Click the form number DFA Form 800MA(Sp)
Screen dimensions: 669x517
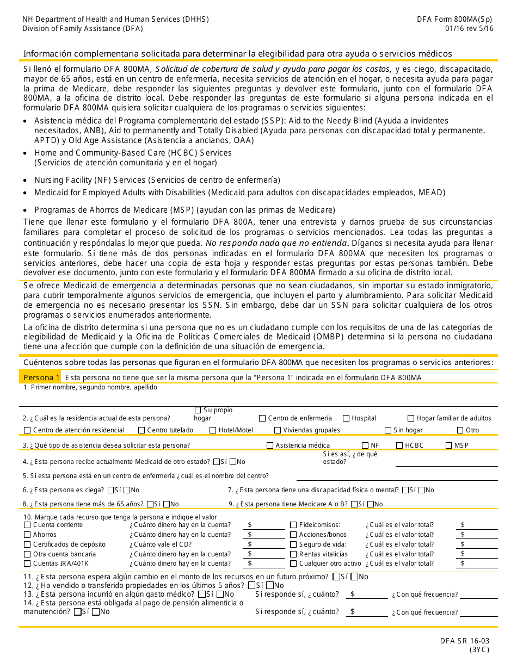tap(455, 19)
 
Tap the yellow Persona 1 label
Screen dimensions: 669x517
tap(41, 377)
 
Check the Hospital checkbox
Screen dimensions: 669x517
tap(346, 418)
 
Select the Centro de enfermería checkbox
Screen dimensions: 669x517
tap(262, 418)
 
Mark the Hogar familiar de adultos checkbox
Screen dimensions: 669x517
tap(411, 418)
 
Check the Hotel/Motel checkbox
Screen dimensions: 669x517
tap(213, 430)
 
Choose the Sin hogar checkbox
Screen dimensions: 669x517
tap(388, 430)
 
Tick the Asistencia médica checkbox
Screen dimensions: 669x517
tap(270, 445)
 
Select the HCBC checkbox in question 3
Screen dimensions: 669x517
tap(400, 445)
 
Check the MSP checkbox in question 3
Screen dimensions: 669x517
tap(449, 445)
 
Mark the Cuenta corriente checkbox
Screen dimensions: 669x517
tap(27, 525)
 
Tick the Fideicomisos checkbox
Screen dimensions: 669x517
tap(294, 525)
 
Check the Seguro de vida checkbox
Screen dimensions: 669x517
tap(294, 544)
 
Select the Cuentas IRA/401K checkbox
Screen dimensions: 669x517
tap(27, 563)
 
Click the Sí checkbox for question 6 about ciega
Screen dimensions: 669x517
tap(111, 490)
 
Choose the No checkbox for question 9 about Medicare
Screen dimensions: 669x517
tap(371, 504)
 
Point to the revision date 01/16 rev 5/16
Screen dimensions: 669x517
tap(469, 28)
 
